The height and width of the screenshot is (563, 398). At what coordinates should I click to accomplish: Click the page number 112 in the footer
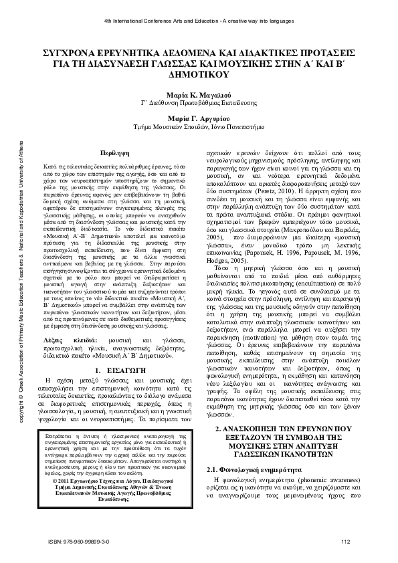(x=346, y=542)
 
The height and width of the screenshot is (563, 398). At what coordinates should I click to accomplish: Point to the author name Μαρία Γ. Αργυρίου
(x=199, y=118)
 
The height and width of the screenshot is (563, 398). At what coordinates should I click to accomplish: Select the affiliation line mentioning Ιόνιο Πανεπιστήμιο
(x=199, y=128)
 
